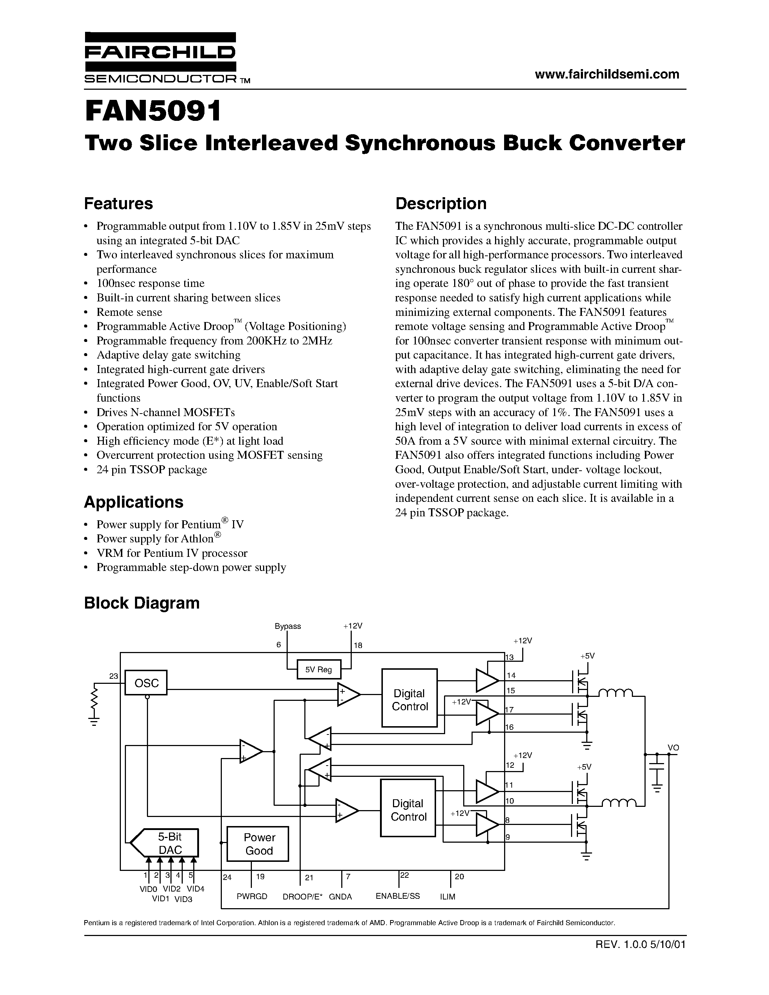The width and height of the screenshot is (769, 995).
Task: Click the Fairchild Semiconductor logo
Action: (x=160, y=58)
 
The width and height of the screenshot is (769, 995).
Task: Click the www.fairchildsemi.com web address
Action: (x=607, y=74)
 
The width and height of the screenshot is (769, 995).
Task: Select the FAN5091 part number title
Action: (x=153, y=111)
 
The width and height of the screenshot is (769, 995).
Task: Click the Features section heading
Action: (x=118, y=204)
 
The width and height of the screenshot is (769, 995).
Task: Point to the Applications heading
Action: (x=134, y=502)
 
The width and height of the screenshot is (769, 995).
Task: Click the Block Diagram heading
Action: (x=142, y=603)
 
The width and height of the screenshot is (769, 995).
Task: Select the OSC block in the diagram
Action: (x=146, y=682)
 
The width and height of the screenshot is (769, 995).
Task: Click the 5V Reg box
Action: (x=318, y=669)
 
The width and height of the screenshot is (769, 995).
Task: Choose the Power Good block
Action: (x=258, y=844)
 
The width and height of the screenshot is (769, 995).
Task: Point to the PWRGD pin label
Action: (x=252, y=897)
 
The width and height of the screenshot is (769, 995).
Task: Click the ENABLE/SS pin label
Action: (x=398, y=896)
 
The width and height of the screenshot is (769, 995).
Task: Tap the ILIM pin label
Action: (x=447, y=897)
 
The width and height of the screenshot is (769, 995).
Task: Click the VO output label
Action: (x=673, y=748)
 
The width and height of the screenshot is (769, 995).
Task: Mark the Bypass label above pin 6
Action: (x=287, y=626)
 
